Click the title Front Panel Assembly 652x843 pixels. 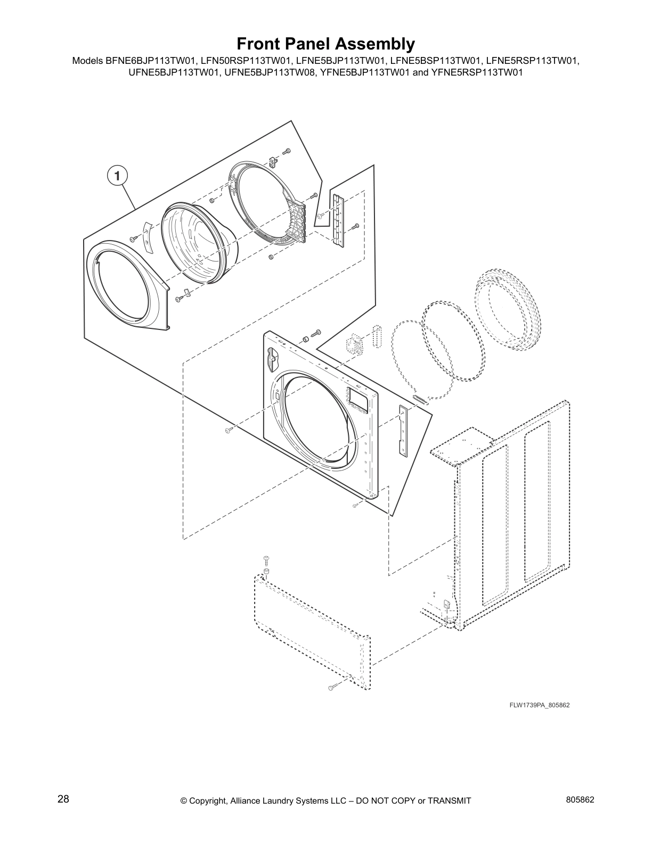[325, 43]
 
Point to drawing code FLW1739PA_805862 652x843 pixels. [540, 705]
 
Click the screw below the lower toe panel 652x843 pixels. [332, 689]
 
